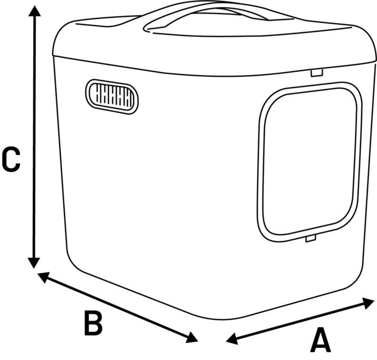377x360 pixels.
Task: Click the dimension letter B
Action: coord(93,323)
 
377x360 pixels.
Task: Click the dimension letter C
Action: coord(10,159)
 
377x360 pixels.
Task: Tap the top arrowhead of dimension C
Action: coord(33,10)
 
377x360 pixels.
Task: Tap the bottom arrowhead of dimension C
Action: coord(33,263)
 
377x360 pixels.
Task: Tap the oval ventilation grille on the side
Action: coord(112,96)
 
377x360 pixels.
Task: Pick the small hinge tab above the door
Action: coord(317,72)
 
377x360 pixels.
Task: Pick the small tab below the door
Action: coord(310,239)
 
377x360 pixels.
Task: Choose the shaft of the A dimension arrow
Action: coord(302,319)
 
